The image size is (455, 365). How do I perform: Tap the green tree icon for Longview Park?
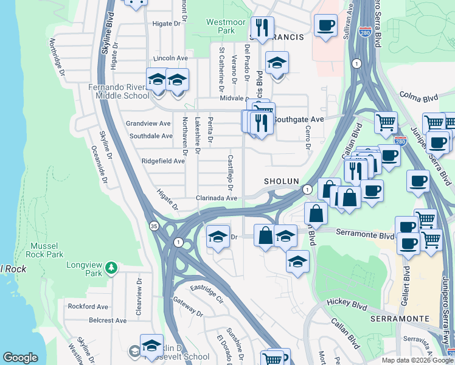pos(111,267)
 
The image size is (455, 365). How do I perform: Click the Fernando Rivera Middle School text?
pos(118,91)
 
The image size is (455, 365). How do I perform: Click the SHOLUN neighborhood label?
pos(281,182)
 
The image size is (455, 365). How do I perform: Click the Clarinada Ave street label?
pos(216,198)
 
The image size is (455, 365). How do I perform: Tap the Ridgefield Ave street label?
pos(162,161)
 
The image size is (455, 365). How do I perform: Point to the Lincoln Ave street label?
pos(171,58)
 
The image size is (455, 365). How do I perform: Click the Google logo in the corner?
pos(20,358)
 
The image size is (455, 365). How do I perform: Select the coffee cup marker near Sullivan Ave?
pos(325,26)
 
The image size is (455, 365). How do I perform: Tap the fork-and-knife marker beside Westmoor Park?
pos(262,28)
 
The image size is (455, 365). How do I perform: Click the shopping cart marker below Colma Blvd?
pos(385,123)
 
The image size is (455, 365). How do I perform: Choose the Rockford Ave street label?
pos(88,307)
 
